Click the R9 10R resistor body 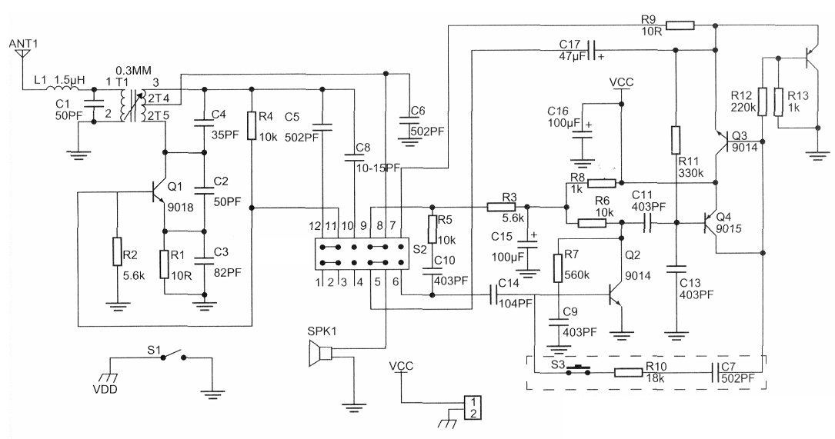(x=680, y=25)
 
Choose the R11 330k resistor (x=675, y=140)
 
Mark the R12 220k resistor (x=762, y=100)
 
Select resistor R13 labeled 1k (x=778, y=100)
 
